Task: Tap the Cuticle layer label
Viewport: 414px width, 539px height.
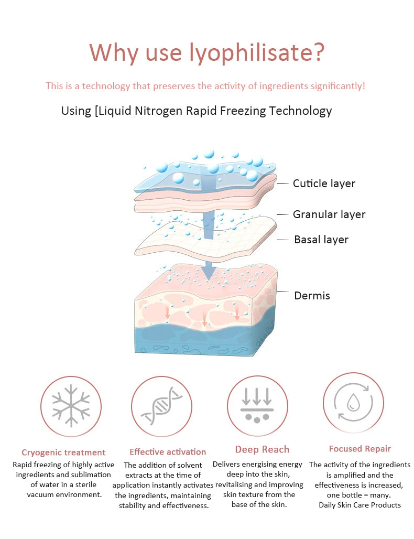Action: (x=324, y=184)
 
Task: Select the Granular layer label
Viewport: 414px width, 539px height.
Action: (x=329, y=214)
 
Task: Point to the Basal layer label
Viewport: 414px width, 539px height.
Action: (x=321, y=240)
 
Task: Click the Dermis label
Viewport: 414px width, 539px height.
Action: (x=312, y=296)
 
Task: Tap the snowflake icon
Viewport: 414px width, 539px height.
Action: (x=71, y=406)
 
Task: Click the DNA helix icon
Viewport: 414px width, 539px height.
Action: (x=161, y=406)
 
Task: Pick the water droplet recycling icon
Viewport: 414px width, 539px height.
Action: (x=353, y=402)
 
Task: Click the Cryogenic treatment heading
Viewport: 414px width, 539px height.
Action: (x=63, y=452)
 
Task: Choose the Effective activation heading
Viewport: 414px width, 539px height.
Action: (x=168, y=452)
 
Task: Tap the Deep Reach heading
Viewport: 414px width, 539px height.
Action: (x=262, y=450)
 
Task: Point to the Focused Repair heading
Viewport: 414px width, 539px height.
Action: (x=360, y=449)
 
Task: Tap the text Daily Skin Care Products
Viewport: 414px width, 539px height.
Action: (x=359, y=505)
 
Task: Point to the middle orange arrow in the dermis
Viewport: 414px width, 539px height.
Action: (x=204, y=319)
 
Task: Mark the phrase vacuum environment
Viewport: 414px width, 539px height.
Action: (x=64, y=494)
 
